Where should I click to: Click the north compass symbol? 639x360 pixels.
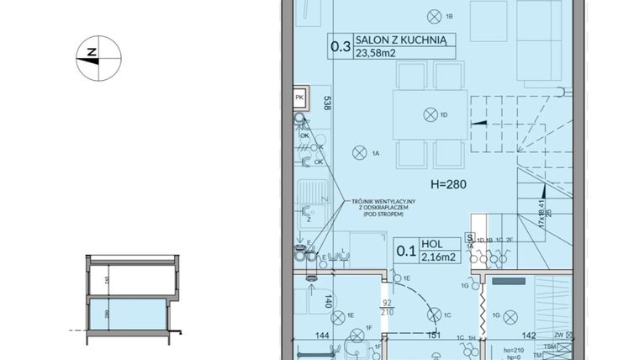point(98,57)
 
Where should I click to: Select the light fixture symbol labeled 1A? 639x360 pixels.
point(358,153)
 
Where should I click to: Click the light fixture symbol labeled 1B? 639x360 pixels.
point(434,15)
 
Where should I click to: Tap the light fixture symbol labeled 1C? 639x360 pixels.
point(434,315)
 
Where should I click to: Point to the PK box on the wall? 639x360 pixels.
point(299,98)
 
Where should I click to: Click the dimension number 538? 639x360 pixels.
point(326,103)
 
